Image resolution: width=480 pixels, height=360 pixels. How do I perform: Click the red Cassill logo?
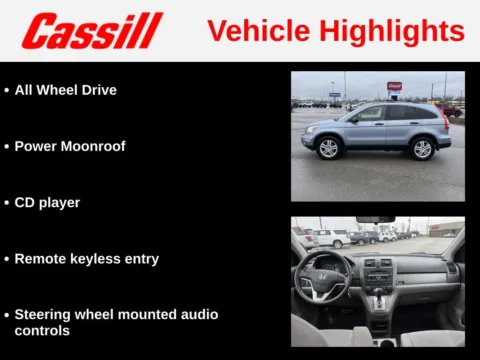tap(92, 31)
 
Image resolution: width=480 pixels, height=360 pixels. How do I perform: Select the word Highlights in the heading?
tap(388, 31)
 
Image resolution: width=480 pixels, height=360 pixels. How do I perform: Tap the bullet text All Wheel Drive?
tap(65, 90)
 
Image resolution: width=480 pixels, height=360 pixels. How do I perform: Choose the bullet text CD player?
tap(47, 202)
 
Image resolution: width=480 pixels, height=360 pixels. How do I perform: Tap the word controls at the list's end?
tap(42, 330)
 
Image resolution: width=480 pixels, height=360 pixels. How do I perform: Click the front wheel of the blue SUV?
tap(328, 147)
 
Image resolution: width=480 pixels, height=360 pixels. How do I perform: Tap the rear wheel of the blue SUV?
tap(423, 148)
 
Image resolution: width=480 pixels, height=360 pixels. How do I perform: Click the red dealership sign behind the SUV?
tap(395, 86)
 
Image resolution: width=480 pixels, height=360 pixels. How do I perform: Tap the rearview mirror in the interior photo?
tap(375, 220)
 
